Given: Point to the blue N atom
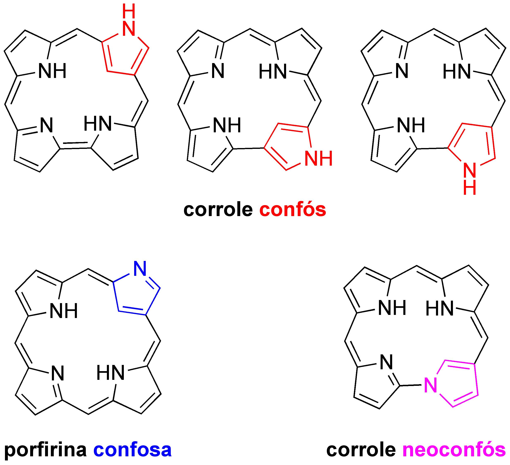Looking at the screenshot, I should coord(140,269).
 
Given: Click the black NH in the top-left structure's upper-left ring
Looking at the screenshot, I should coord(52,71).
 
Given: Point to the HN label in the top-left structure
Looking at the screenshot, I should coord(98,124).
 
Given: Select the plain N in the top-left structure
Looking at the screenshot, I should coord(47,125).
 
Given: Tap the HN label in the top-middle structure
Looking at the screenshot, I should coord(273,72).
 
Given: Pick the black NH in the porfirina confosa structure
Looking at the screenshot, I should coord(63,311).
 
